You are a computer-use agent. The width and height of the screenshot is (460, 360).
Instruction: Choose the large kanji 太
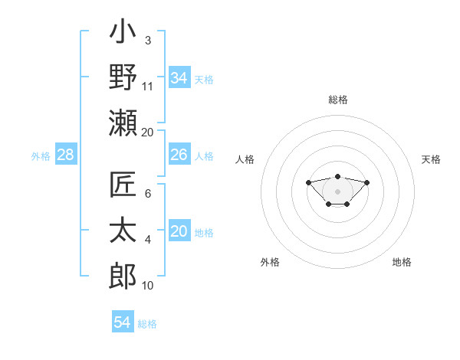coord(123,230)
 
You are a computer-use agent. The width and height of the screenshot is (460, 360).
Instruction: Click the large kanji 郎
coord(123,273)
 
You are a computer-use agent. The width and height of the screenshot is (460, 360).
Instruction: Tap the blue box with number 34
coord(179,78)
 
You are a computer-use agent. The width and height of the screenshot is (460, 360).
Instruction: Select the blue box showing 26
coord(179,155)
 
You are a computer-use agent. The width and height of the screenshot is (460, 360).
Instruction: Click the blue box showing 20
coord(179,232)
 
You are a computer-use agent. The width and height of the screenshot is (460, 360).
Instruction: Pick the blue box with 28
coord(65,155)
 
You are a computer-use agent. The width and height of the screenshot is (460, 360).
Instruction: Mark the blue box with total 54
coord(123,322)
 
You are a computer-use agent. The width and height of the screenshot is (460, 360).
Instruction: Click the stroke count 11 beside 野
coord(148,87)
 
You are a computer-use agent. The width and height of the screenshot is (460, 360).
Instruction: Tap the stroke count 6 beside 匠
coord(148,194)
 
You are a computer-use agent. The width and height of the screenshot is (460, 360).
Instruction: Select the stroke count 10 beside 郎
coord(148,286)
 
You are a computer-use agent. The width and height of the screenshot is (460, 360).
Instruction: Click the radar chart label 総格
coord(337,100)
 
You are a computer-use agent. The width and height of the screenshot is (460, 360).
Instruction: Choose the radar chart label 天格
coord(432,159)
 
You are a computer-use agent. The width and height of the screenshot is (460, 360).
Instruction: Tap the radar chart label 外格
coord(270,262)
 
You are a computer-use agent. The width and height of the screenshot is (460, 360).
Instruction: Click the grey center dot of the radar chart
coord(337,191)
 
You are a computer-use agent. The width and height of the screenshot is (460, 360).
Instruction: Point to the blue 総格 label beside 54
coord(147,324)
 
